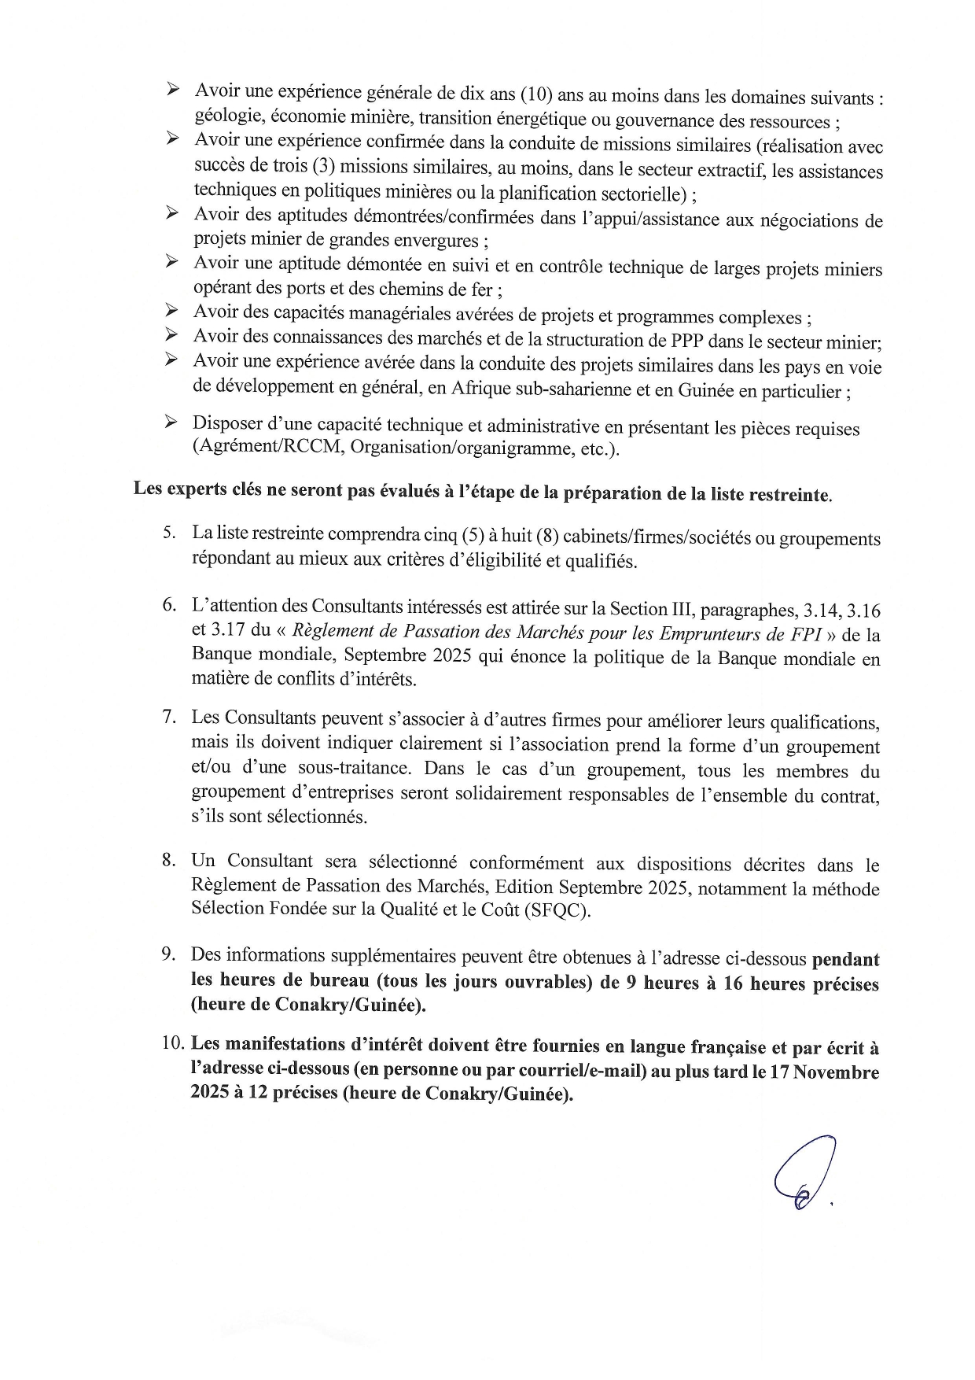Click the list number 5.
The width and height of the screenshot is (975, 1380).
coord(168,533)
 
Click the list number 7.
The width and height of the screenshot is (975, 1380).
coord(168,717)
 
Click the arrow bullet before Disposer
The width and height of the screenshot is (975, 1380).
coord(171,422)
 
